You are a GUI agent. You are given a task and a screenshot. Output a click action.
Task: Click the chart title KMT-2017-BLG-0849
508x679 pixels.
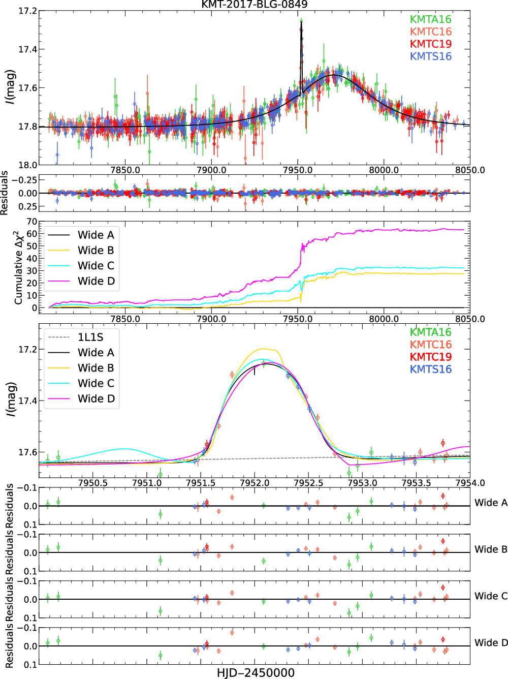(254, 5)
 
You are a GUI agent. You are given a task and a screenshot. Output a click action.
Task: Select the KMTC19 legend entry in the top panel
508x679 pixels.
(430, 44)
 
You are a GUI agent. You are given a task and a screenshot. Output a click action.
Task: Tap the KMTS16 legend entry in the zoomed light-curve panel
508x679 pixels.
(430, 369)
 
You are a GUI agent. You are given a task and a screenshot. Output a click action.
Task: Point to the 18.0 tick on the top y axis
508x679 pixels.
(28, 165)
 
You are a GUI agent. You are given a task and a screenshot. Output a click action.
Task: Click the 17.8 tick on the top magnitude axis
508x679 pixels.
(28, 127)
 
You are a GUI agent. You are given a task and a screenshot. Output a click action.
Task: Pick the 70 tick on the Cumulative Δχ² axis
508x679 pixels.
(31, 222)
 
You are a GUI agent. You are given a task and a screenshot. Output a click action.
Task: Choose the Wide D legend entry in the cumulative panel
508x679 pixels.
(96, 281)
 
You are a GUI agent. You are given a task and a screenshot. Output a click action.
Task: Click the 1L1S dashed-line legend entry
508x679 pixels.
(90, 337)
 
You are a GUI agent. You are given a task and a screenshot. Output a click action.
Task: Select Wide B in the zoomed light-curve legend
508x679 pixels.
(96, 368)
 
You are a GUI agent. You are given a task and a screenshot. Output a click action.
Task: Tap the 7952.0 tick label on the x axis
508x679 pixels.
(255, 483)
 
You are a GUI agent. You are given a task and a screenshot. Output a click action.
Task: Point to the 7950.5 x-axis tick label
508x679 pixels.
(93, 483)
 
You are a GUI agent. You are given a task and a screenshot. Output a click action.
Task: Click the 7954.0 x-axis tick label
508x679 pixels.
(470, 483)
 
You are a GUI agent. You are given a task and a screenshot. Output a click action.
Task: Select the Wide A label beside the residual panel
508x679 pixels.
(491, 503)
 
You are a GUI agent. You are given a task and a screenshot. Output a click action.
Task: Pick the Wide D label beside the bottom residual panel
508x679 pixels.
(491, 643)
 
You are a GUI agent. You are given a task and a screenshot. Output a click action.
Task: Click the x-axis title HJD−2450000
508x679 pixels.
(256, 673)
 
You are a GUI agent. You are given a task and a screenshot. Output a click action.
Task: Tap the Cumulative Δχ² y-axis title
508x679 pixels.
(19, 267)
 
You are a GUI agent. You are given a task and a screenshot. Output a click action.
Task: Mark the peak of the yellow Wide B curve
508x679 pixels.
(264, 349)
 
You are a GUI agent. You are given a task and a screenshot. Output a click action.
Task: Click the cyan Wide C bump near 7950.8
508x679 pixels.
(124, 449)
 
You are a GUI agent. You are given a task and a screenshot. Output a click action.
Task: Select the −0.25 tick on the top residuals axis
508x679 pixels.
(24, 180)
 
